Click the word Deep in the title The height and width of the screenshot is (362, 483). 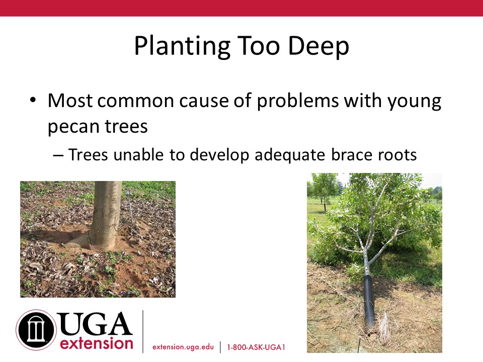pyautogui.click(x=318, y=46)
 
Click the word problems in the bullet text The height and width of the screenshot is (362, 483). pyautogui.click(x=297, y=101)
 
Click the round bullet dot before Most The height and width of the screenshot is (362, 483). pyautogui.click(x=33, y=100)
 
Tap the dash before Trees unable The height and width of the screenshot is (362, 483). pyautogui.click(x=58, y=155)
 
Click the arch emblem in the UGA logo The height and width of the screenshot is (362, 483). pyautogui.click(x=36, y=330)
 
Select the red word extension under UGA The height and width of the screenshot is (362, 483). pyautogui.click(x=97, y=343)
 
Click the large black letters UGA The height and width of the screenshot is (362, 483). pyautogui.click(x=95, y=323)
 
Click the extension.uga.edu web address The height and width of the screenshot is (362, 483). pyautogui.click(x=183, y=347)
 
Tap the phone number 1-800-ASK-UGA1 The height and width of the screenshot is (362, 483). pyautogui.click(x=256, y=347)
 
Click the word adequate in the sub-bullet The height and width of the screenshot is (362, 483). pyautogui.click(x=290, y=155)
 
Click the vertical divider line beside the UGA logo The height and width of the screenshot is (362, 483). pyautogui.click(x=143, y=331)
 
